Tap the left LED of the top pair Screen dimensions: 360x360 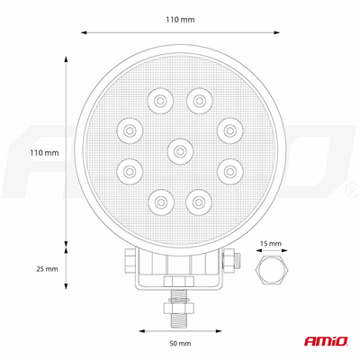tap(162, 100)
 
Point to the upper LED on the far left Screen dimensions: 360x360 tap(130, 131)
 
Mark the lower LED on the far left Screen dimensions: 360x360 tap(130, 167)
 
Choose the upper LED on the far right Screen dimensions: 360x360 tap(229, 131)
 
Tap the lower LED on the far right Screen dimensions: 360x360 tap(229, 167)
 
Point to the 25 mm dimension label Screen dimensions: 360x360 tap(46, 268)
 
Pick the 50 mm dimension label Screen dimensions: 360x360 tap(179, 344)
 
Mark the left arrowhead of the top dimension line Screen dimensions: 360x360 tap(83, 33)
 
